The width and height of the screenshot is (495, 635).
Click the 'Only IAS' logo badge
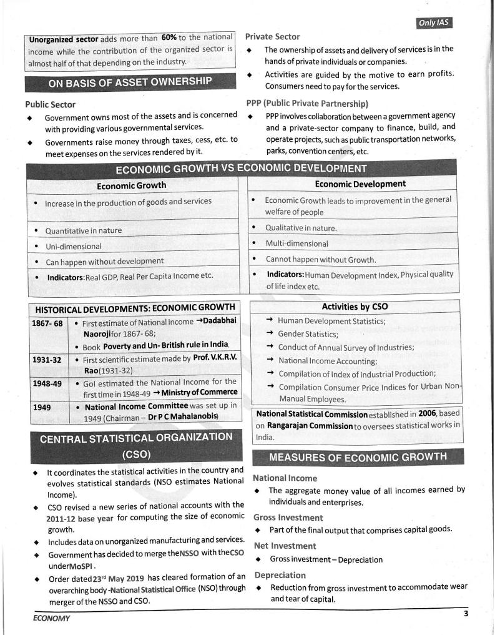click(x=434, y=23)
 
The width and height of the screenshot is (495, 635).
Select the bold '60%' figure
click(x=169, y=37)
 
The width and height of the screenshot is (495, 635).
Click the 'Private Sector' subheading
click(x=272, y=37)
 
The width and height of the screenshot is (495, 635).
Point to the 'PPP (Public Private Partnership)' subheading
click(x=307, y=104)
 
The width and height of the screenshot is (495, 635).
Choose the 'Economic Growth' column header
click(x=131, y=185)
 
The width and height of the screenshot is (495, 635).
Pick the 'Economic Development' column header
click(x=360, y=184)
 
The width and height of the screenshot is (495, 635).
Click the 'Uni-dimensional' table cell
click(x=73, y=247)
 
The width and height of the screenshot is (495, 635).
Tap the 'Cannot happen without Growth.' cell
click(x=321, y=259)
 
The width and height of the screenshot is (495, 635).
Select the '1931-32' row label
click(x=47, y=360)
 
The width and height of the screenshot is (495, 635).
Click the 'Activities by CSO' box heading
click(x=356, y=307)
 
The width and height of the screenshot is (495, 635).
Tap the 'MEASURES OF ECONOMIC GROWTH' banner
click(x=358, y=457)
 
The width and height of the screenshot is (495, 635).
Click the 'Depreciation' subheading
click(x=280, y=575)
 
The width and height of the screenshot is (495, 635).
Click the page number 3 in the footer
click(x=466, y=613)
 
